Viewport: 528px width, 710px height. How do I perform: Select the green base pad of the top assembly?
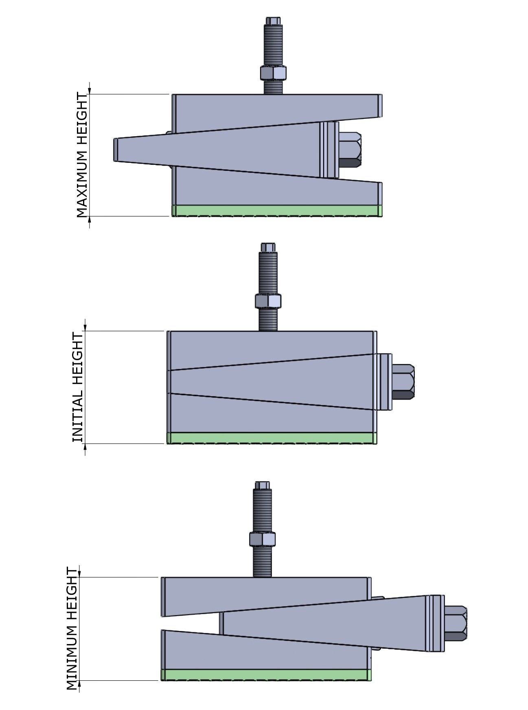coord(277,210)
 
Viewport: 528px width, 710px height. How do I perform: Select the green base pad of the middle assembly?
coord(272,438)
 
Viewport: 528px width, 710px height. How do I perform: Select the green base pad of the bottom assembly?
coord(267,675)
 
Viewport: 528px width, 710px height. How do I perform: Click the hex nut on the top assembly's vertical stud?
coord(274,73)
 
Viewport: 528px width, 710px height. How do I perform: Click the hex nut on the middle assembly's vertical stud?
coord(268,301)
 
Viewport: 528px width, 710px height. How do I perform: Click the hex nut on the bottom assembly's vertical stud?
coord(263,539)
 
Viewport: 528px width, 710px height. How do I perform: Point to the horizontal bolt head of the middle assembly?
coord(403,382)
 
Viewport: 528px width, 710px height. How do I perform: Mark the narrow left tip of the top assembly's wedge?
coord(116,150)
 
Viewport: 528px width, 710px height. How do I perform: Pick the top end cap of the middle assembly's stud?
coord(268,247)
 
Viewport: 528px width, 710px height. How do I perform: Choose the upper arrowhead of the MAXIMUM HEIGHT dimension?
coord(90,90)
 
